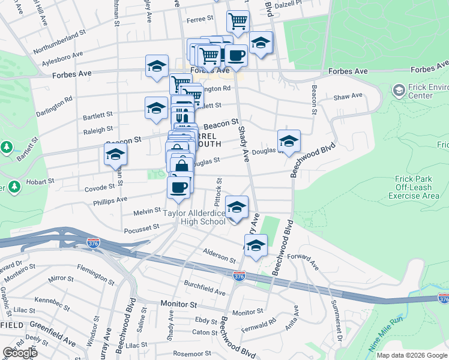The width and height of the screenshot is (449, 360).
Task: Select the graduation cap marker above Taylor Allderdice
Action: [237, 208]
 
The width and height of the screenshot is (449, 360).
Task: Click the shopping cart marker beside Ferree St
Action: [238, 22]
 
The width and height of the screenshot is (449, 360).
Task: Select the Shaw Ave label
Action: [348, 96]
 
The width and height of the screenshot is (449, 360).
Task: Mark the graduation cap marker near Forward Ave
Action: [256, 246]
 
